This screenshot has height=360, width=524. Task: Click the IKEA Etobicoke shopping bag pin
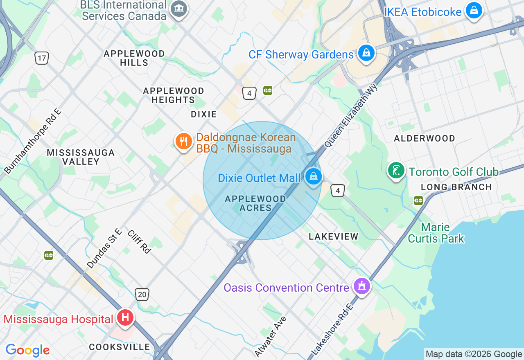pyautogui.click(x=474, y=11)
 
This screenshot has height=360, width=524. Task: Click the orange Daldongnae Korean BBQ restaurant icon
pyautogui.click(x=184, y=142)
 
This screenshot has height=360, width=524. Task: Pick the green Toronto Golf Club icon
pyautogui.click(x=396, y=171)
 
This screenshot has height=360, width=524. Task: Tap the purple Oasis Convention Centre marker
pyautogui.click(x=362, y=286)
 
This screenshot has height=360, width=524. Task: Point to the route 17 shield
pyautogui.click(x=41, y=58)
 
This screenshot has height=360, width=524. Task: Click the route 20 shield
pyautogui.click(x=142, y=294)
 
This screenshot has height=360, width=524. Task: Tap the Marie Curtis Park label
pyautogui.click(x=436, y=233)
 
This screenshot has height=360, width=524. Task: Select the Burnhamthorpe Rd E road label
pyautogui.click(x=33, y=140)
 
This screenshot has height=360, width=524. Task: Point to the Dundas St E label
pyautogui.click(x=104, y=248)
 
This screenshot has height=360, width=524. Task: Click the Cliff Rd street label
pyautogui.click(x=139, y=241)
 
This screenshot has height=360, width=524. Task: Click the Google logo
pyautogui.click(x=27, y=350)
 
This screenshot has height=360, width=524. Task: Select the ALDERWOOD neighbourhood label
pyautogui.click(x=424, y=138)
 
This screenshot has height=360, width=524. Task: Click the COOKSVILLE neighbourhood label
pyautogui.click(x=120, y=347)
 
